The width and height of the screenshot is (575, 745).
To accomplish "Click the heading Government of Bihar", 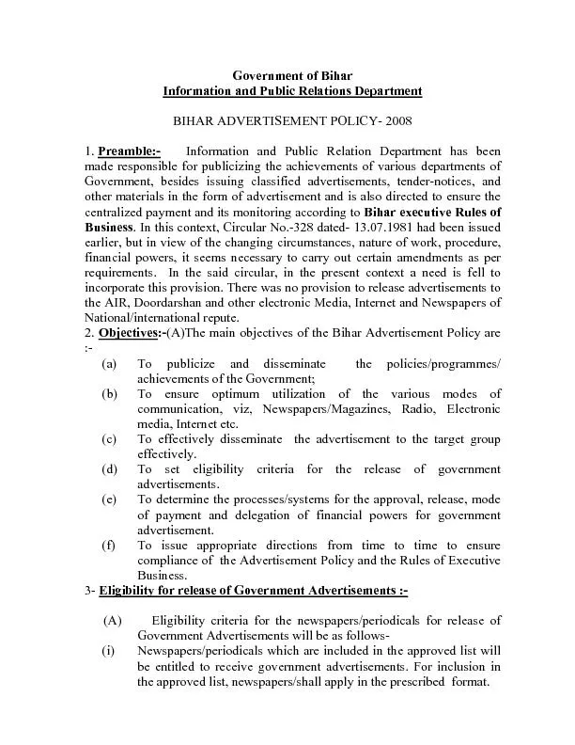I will point(292,74).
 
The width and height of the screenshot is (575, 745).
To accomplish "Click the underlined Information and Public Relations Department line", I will point(292,90).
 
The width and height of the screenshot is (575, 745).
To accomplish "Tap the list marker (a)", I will point(111,364).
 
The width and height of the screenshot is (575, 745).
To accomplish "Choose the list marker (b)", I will point(111,394).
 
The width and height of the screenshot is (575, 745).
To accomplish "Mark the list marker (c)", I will point(111,439).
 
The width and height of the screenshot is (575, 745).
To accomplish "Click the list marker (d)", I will point(111,469).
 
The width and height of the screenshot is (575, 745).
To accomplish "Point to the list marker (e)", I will point(111,499).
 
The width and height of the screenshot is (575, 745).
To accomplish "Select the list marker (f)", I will point(111,546).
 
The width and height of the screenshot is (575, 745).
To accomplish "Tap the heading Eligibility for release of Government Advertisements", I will point(254,591).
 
